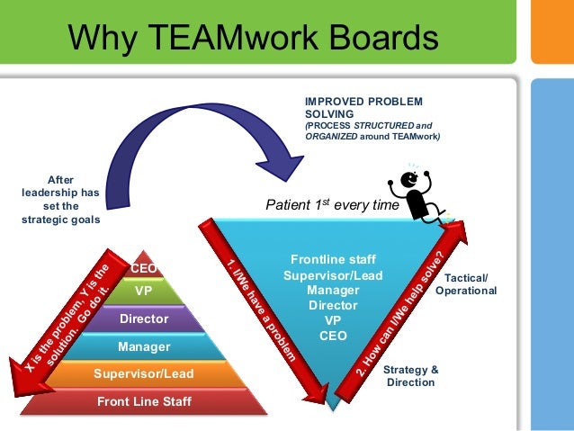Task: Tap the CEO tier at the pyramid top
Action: coord(143,268)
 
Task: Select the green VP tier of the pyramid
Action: coord(143,292)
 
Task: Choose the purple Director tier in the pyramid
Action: coord(143,319)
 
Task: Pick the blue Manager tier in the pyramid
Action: coord(143,346)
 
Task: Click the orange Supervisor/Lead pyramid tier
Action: coord(143,373)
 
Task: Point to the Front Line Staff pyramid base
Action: coord(143,400)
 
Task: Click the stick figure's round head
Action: coord(409,179)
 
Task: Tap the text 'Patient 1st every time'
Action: coord(331,205)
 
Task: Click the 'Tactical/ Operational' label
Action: coord(465,285)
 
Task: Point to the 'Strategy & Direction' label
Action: coord(411,376)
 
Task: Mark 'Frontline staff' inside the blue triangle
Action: coord(333,258)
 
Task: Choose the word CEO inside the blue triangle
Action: coord(333,336)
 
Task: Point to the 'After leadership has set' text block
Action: coord(60,199)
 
